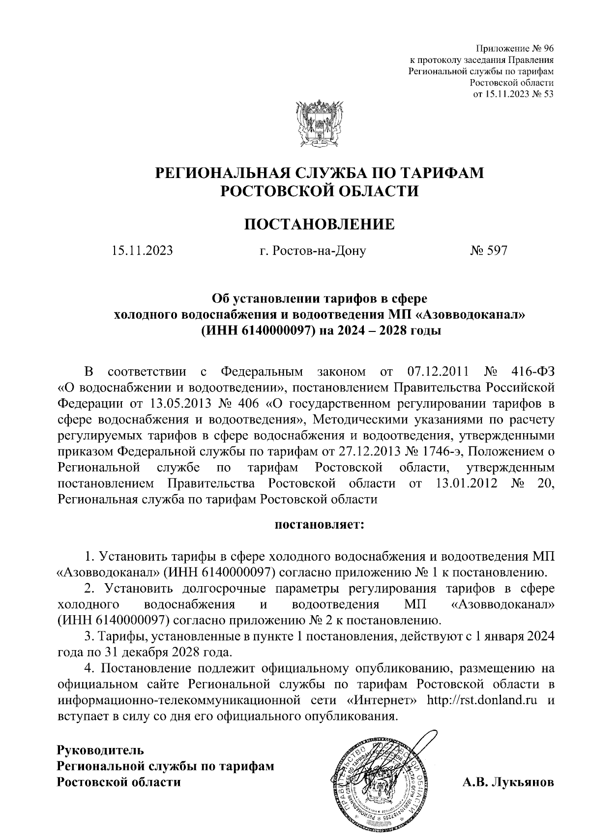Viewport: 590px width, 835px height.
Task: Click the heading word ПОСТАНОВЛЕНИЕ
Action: (319, 224)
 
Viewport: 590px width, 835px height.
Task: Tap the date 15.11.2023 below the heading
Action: (142, 251)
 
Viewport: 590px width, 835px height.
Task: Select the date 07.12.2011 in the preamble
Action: (438, 370)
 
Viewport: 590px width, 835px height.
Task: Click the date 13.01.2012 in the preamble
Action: (466, 483)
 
